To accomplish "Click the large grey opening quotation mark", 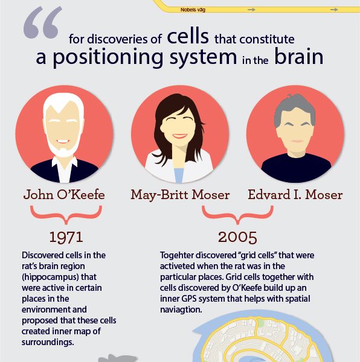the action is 43,22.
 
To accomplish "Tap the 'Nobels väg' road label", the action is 193,10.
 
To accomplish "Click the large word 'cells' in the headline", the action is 188,36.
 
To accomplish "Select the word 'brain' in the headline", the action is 299,57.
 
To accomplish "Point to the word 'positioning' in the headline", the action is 108,58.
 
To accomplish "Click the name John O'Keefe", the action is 64,195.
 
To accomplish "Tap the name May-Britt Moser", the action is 180,195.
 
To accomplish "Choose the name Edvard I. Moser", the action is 295,195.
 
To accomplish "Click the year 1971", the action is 66,237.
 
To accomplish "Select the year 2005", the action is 237,237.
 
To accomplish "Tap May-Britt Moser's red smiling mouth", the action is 180,136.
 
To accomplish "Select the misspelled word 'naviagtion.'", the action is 181,310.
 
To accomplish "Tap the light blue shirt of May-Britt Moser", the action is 179,176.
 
